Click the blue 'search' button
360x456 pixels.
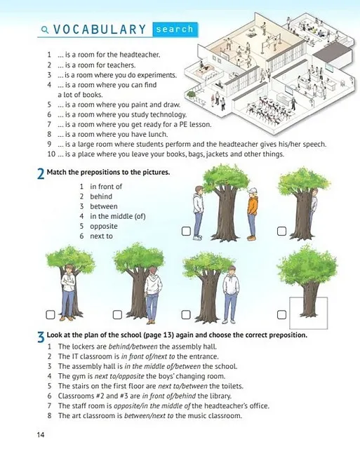175,29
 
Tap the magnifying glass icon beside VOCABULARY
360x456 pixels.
45,29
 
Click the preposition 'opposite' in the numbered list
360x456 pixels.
104,227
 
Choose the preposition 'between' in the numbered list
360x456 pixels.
104,206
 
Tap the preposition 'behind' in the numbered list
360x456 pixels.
101,196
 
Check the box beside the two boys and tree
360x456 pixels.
186,232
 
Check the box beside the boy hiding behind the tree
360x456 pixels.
281,232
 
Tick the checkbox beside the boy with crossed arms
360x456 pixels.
51,315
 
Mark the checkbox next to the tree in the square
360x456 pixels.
281,315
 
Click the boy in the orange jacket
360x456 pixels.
253,214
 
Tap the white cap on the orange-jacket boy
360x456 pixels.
253,190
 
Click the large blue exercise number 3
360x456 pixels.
41,337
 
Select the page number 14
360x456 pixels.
41,435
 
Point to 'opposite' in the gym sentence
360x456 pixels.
133,376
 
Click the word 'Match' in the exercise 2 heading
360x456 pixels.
57,172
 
